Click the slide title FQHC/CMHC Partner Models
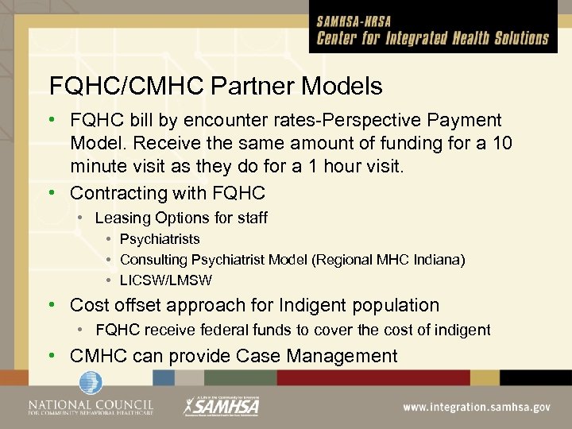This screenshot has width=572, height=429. pyautogui.click(x=215, y=86)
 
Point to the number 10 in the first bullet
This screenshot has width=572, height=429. pyautogui.click(x=502, y=145)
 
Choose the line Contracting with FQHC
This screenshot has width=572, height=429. pyautogui.click(x=167, y=193)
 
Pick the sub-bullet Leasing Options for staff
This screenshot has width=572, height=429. pyautogui.click(x=181, y=218)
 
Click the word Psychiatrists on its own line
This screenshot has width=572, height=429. pyautogui.click(x=160, y=239)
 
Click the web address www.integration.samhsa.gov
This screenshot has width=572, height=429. pyautogui.click(x=476, y=407)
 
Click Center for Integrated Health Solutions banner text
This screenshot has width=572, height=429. pyautogui.click(x=432, y=39)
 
